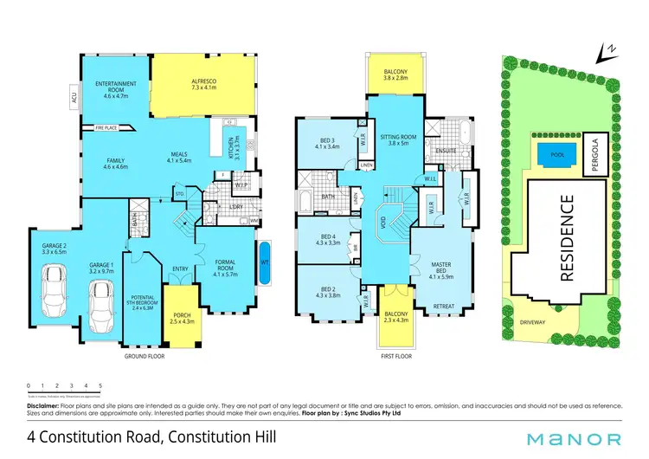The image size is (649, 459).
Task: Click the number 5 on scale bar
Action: pyautogui.click(x=101, y=385)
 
